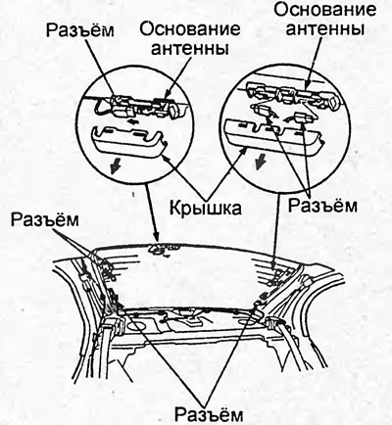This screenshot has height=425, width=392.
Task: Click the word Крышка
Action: tap(206, 208)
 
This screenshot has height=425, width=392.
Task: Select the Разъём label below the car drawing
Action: tap(209, 413)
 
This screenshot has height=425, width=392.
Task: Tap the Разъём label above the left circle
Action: tap(80, 30)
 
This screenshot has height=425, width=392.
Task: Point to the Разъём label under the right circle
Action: tap(322, 206)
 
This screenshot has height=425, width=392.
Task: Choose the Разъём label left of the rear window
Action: tap(45, 219)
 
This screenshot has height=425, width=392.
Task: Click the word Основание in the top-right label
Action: tap(324, 10)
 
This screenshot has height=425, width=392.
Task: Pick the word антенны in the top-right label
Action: tap(325, 28)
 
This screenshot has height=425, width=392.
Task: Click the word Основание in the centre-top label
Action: tap(190, 29)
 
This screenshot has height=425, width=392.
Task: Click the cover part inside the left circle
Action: tap(128, 141)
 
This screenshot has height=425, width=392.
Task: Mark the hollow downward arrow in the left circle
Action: tap(115, 166)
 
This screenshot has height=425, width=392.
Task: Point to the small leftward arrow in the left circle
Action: tap(132, 121)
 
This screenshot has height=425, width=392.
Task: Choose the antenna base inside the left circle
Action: tap(145, 106)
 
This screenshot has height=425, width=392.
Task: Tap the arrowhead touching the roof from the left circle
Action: tap(157, 238)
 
